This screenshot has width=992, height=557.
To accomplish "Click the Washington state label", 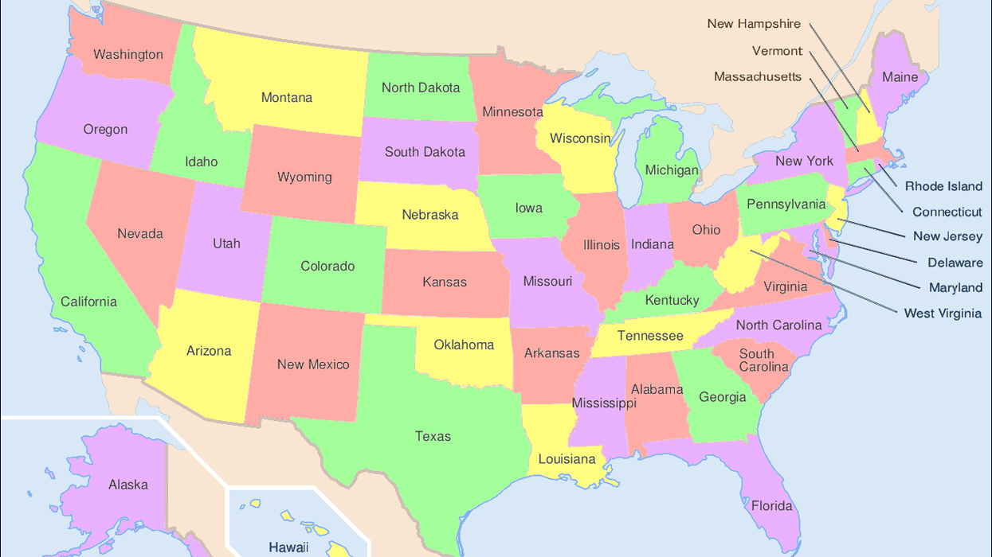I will (x=128, y=55).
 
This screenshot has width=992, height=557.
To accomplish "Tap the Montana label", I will (x=287, y=98).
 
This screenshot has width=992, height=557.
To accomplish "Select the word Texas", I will (x=433, y=436).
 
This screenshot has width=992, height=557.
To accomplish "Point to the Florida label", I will (x=771, y=506).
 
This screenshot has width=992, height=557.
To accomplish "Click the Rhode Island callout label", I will (x=943, y=186).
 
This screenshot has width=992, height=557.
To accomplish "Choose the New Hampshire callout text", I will (x=754, y=24).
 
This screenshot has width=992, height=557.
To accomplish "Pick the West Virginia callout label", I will (x=943, y=314).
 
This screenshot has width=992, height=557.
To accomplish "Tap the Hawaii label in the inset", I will (x=288, y=547).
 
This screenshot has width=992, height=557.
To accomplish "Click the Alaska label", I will (x=128, y=485).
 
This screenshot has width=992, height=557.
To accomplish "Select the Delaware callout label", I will (x=955, y=263).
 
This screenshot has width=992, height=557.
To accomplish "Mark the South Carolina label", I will (x=763, y=360).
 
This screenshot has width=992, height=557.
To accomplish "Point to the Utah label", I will (x=226, y=243).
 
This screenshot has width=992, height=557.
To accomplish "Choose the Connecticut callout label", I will (x=947, y=212).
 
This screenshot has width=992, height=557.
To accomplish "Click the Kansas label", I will (x=445, y=282).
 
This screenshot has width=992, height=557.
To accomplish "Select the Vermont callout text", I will (x=777, y=51).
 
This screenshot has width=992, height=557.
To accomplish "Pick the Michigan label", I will (x=672, y=170).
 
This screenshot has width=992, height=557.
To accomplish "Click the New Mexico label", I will (x=313, y=364).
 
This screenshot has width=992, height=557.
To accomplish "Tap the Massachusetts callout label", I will (x=758, y=77).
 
